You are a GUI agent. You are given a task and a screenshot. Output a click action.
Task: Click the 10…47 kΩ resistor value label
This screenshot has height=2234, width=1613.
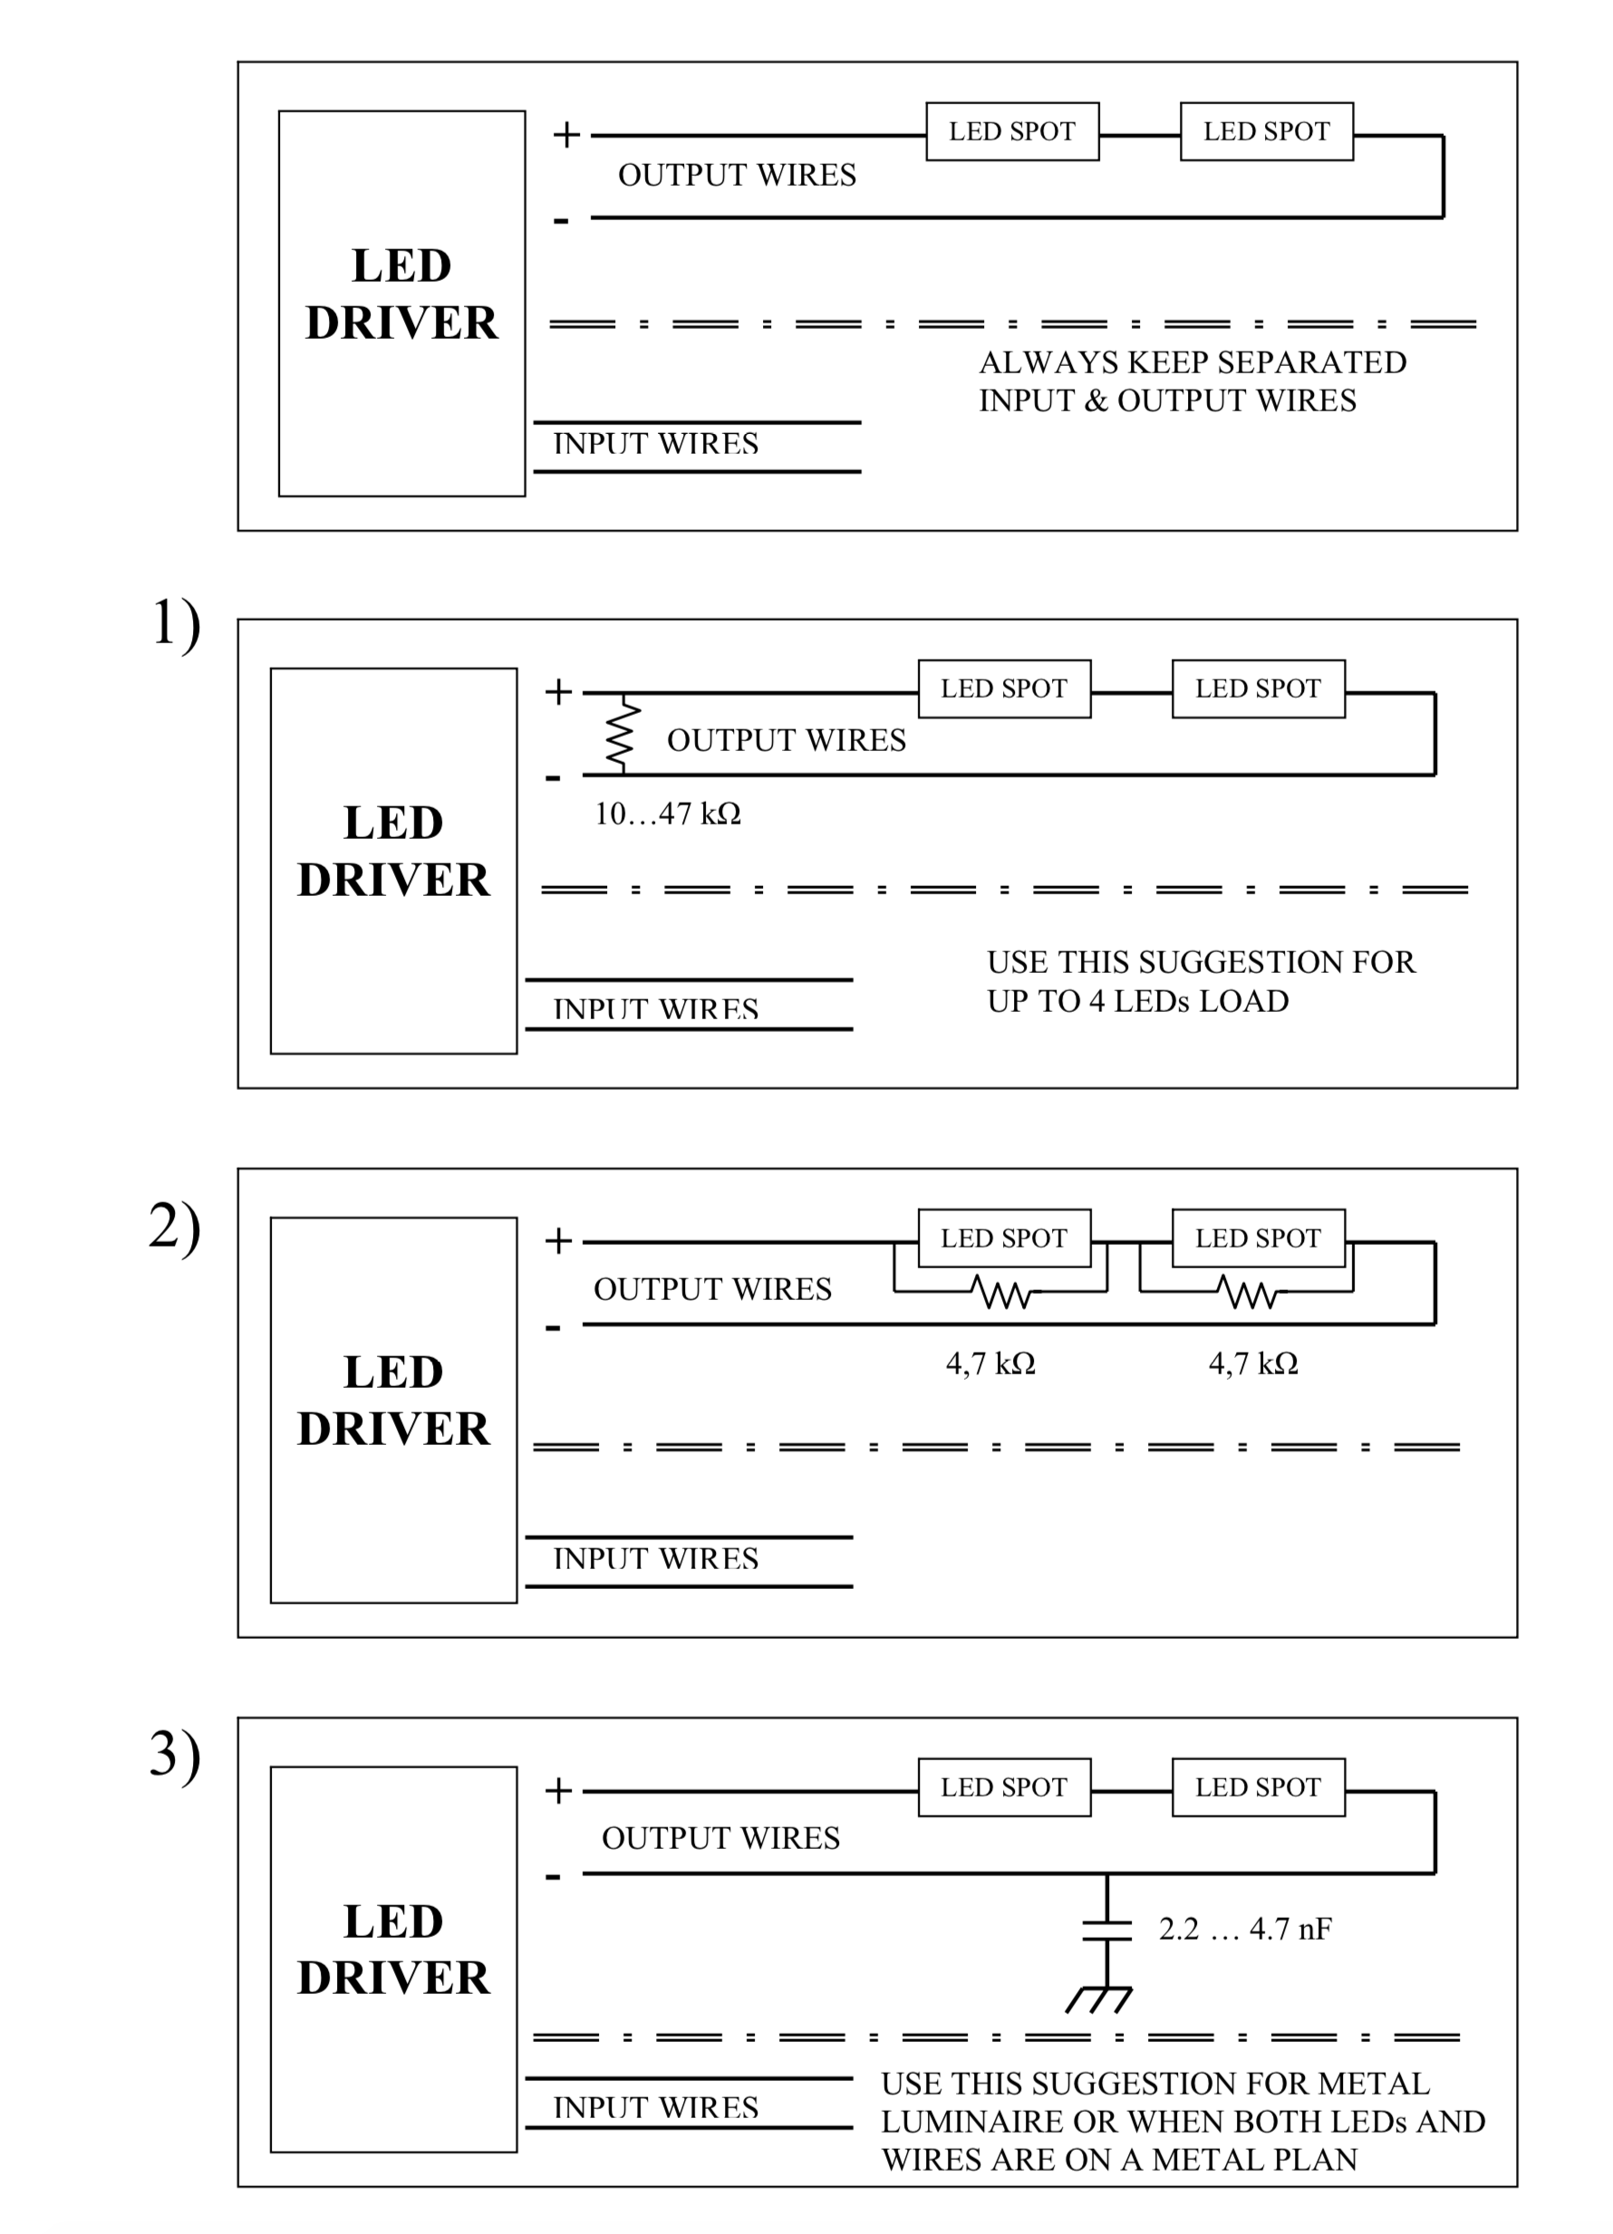tap(667, 814)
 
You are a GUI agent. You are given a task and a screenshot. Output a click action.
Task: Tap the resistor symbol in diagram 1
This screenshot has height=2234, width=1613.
tap(622, 735)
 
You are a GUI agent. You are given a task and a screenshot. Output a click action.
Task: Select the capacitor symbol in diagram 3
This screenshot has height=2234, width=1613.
tap(1106, 1930)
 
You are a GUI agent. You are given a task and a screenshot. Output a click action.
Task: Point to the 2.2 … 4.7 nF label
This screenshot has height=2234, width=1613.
tap(1244, 1929)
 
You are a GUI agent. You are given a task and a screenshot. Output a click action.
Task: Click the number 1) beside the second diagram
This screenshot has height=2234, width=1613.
tap(176, 623)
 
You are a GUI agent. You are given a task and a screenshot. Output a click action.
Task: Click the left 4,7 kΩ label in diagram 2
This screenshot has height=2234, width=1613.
tap(990, 1363)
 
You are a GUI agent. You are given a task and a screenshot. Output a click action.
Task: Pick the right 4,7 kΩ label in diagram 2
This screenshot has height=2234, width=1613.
tap(1252, 1363)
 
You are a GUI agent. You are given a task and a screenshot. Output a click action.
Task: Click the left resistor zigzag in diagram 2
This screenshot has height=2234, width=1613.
tap(1001, 1291)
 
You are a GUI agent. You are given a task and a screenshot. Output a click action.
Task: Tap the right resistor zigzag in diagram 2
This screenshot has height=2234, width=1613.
tap(1248, 1291)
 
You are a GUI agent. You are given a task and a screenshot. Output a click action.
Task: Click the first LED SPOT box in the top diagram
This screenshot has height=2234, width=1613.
tap(1012, 131)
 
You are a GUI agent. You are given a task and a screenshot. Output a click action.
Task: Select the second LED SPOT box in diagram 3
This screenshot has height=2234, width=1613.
tap(1259, 1786)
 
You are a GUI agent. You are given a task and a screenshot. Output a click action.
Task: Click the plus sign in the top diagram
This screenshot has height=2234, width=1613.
tap(565, 134)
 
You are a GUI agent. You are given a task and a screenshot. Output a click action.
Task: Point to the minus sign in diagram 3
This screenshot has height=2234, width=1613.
tap(553, 1876)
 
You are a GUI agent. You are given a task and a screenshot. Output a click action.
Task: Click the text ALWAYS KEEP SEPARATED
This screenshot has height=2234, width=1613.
tap(1193, 362)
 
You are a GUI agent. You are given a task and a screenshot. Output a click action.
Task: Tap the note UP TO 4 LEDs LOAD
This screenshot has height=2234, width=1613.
tap(1138, 1001)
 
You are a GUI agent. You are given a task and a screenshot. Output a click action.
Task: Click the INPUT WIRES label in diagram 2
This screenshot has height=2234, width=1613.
tap(656, 1558)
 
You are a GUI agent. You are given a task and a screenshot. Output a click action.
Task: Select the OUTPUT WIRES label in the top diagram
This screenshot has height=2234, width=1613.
tap(737, 176)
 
